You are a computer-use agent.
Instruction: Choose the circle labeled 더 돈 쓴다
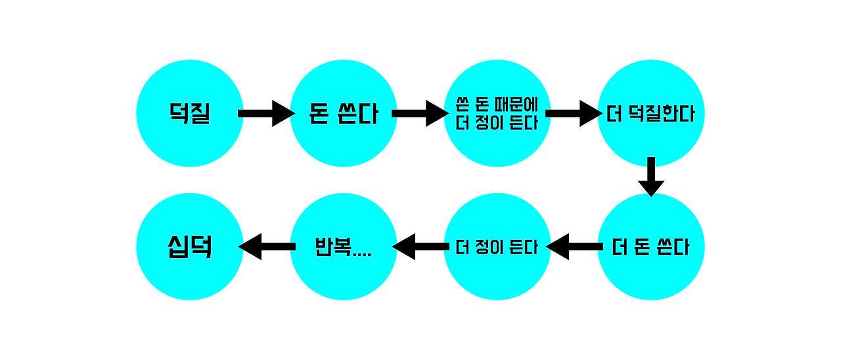tap(650, 247)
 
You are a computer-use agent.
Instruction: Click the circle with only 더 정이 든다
tap(497, 247)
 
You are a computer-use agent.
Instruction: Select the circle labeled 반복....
tap(343, 247)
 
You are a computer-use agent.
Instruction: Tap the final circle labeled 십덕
tap(189, 247)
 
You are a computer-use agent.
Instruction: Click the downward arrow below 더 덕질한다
tap(651, 176)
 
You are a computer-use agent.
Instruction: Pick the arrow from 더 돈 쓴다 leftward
tap(574, 247)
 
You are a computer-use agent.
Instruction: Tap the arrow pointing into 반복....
tap(420, 247)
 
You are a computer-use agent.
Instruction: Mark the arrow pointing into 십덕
tap(267, 247)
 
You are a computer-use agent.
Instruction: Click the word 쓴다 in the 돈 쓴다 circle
tap(357, 114)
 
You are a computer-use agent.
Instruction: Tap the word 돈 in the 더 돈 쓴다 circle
tap(647, 248)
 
